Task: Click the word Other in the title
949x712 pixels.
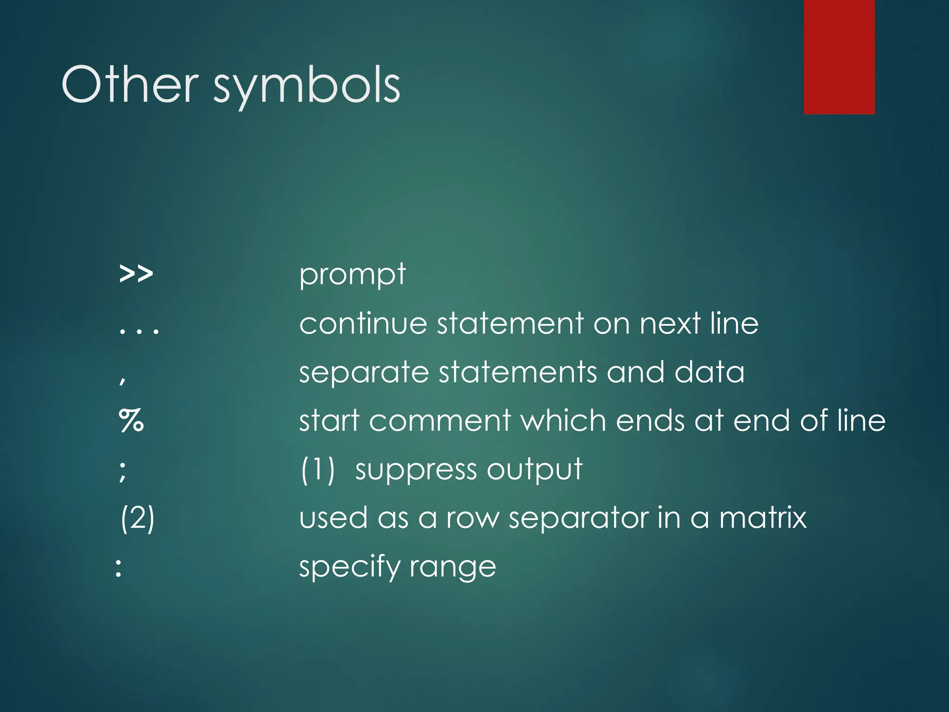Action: tap(130, 84)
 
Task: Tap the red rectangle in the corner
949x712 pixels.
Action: tap(839, 57)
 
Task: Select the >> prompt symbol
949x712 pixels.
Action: tap(136, 274)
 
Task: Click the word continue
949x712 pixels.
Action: tap(363, 323)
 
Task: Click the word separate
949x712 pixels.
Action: tap(364, 373)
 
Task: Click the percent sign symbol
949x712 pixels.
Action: tap(131, 420)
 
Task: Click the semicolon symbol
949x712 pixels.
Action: tap(122, 471)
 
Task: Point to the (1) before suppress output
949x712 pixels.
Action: tap(317, 470)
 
